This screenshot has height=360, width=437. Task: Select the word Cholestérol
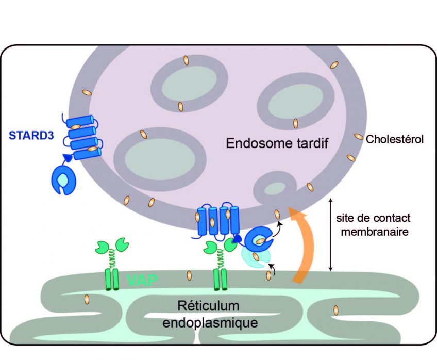tap(394, 139)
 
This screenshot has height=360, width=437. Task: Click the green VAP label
tap(142, 281)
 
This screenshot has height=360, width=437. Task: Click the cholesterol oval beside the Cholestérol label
tap(358, 137)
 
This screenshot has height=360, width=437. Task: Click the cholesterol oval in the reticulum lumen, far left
tap(87, 299)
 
